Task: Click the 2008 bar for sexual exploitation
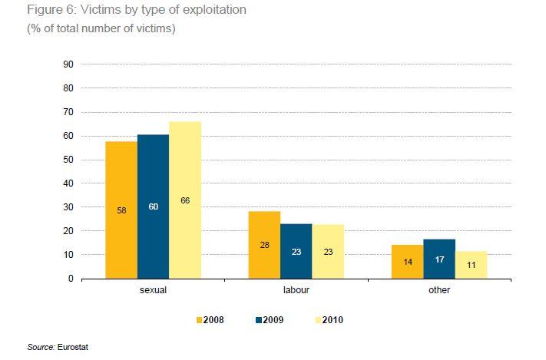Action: (x=121, y=210)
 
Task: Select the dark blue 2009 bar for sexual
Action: (x=153, y=206)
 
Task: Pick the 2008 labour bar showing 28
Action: (x=264, y=245)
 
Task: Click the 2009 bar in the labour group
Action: (x=296, y=251)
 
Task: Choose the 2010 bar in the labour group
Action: (x=328, y=251)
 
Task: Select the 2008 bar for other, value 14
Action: (x=407, y=262)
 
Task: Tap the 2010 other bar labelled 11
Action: (x=471, y=265)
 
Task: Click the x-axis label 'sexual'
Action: (x=153, y=291)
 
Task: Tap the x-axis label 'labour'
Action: (x=296, y=291)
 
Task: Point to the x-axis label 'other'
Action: (x=439, y=291)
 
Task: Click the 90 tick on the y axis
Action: (x=68, y=64)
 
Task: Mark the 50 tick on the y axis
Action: (x=68, y=160)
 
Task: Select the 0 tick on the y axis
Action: (x=70, y=279)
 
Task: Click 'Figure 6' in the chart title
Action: (x=48, y=11)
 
